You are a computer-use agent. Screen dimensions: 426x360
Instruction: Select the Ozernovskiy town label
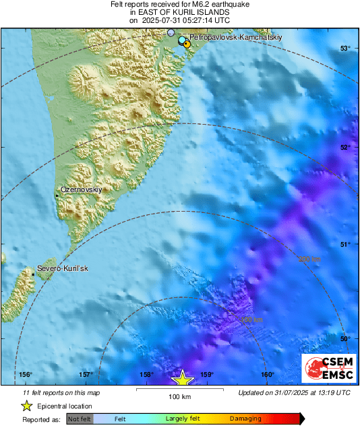pos(82,190)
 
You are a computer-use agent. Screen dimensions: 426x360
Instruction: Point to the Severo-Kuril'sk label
pos(63,269)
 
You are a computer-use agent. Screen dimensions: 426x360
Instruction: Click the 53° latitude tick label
pos(345,48)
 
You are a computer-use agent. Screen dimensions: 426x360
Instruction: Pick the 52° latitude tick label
pos(345,146)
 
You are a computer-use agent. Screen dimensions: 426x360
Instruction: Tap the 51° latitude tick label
pos(345,244)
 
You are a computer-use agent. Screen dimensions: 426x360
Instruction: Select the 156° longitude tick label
pos(26,375)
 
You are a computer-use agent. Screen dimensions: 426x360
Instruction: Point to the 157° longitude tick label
pos(86,375)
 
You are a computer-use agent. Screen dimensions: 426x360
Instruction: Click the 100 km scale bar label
pos(179,396)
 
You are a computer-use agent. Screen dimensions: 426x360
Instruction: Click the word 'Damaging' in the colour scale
pos(245,419)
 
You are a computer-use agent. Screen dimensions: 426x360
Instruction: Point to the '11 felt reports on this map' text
pos(61,392)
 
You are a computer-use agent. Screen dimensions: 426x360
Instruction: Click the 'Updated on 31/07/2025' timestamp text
pos(294,392)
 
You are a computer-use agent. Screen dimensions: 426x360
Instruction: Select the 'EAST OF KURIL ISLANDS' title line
pos(179,12)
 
